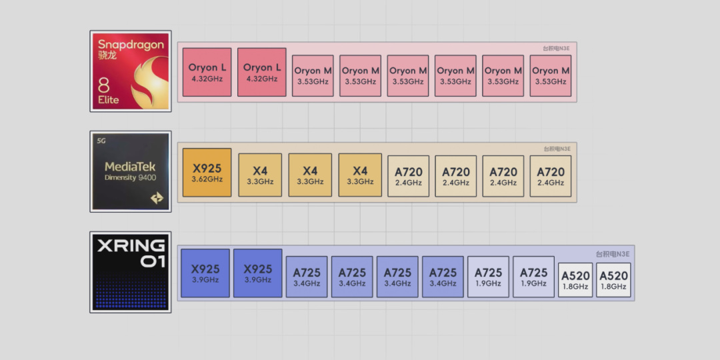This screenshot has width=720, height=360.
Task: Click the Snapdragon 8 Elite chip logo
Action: [x=131, y=71]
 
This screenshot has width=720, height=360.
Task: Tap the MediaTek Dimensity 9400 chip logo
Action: [x=131, y=171]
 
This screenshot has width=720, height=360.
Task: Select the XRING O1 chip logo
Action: [x=131, y=272]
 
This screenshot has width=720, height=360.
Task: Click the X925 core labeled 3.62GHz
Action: [x=207, y=173]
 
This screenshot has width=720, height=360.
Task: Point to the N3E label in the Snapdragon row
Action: [x=557, y=48]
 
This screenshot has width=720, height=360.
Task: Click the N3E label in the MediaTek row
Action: [x=557, y=149]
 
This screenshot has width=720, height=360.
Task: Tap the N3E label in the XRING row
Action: [x=613, y=254]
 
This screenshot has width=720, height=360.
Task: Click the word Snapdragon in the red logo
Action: [x=131, y=45]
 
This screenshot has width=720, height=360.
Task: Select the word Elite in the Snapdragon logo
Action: [x=109, y=99]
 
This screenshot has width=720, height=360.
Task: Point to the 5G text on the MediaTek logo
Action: [x=101, y=141]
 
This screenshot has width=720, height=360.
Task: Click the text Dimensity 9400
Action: [x=130, y=178]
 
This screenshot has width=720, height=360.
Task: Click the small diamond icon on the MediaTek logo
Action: [x=157, y=198]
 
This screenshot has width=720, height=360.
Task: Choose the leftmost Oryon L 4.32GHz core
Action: [x=207, y=72]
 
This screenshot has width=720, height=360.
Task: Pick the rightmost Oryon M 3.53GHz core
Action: [x=551, y=76]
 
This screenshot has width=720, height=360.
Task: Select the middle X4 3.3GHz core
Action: [x=310, y=175]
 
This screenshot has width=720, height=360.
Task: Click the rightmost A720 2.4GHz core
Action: [x=551, y=176]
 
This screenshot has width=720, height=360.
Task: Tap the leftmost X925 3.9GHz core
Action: [x=205, y=273]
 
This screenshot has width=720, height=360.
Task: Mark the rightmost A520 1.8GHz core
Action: [x=613, y=280]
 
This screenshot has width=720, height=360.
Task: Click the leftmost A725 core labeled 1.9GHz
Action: [x=488, y=277]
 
